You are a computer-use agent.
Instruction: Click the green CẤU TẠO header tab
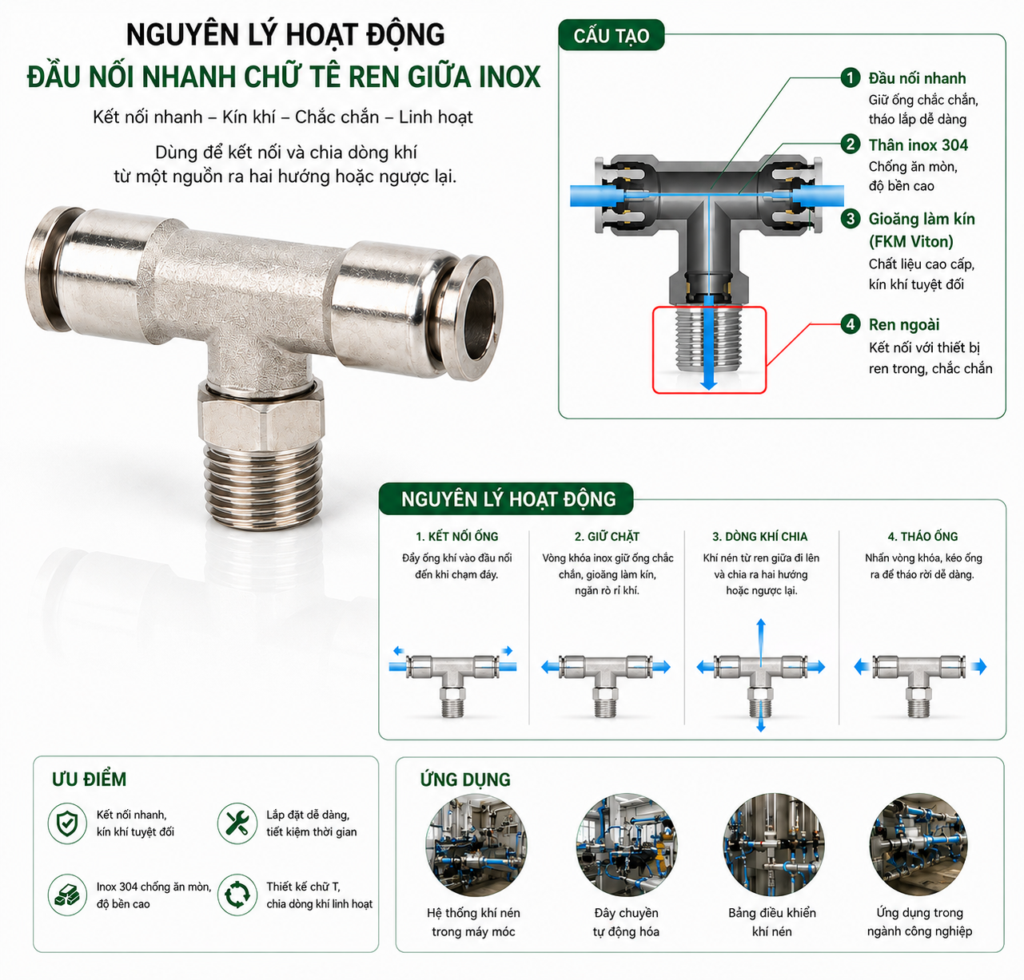[x=611, y=35]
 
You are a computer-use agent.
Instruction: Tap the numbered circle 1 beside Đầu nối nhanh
[x=851, y=77]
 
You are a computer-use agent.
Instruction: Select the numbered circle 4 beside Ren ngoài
[x=851, y=323]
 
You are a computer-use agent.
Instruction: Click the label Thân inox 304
[x=918, y=145]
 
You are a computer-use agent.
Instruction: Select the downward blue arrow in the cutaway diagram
[x=709, y=342]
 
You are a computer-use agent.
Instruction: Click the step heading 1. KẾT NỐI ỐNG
[x=456, y=536]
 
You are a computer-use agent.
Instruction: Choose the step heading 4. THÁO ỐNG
[x=922, y=536]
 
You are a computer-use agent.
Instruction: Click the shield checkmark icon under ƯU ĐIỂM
[x=67, y=823]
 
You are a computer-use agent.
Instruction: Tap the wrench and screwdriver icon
[x=237, y=823]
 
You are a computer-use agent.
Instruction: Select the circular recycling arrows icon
[x=237, y=895]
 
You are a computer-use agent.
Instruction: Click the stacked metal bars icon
[x=67, y=895]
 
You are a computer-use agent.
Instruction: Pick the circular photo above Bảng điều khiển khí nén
[x=773, y=845]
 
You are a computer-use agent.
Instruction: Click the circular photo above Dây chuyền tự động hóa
[x=627, y=845]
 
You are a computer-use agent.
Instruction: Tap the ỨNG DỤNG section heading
[x=465, y=780]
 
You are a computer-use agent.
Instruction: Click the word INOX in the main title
[x=509, y=77]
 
